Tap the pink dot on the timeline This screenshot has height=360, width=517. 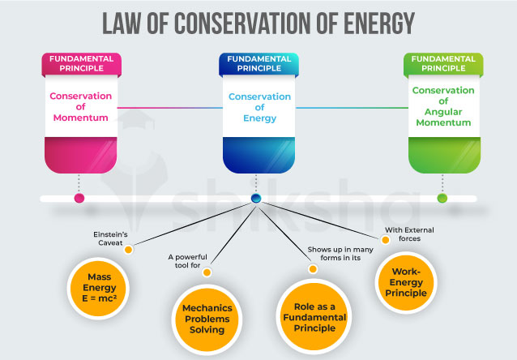pos(79,198)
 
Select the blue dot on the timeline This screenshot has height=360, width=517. pos(256,198)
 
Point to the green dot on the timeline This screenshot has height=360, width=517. pos(442,198)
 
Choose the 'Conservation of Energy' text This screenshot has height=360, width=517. pos(258,107)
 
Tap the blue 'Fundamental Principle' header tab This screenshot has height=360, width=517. pos(258,64)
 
